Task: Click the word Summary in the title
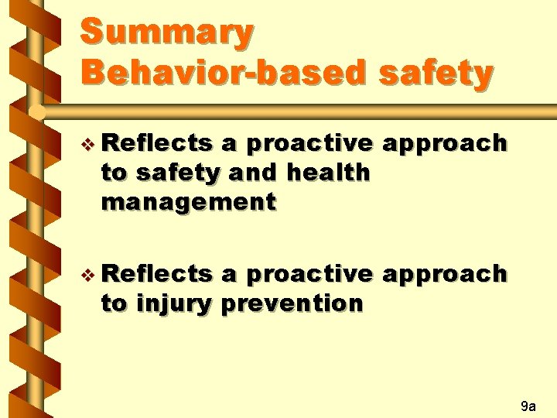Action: coord(167,33)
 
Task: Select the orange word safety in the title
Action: coord(436,74)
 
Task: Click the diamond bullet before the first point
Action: coord(88,144)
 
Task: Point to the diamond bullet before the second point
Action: coord(88,275)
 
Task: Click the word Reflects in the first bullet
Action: coord(157,143)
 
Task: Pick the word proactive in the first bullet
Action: coord(310,145)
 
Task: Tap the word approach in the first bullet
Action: coord(445,145)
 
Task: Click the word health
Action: coord(329,173)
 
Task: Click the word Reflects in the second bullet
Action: coord(157,274)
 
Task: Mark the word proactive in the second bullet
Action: coord(310,276)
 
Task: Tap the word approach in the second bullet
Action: coord(445,276)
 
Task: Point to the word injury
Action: coord(174,305)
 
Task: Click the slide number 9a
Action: coord(528,406)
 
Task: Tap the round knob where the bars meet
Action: coord(37,113)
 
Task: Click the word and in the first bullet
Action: coord(253,173)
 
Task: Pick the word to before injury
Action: coord(114,304)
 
